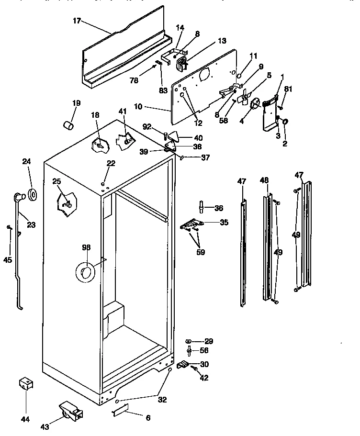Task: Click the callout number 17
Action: point(77,21)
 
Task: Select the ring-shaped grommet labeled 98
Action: point(85,273)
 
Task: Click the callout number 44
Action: point(25,420)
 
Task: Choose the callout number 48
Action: point(265,180)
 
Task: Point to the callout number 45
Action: point(8,260)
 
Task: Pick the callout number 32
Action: point(162,400)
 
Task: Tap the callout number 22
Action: point(111,164)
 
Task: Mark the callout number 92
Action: point(147,126)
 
